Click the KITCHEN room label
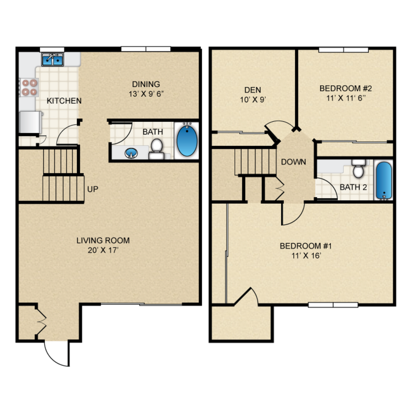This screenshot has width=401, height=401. click(x=64, y=101)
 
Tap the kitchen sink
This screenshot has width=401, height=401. click(x=52, y=59)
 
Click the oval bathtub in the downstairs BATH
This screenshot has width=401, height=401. click(x=186, y=141)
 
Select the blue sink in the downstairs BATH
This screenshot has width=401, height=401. click(x=130, y=153)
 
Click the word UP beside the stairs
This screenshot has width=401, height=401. click(x=93, y=189)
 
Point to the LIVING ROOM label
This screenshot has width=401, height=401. click(x=103, y=240)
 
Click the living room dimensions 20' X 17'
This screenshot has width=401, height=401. click(x=103, y=250)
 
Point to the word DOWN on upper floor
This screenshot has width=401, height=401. click(x=293, y=162)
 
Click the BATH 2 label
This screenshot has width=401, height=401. click(x=353, y=187)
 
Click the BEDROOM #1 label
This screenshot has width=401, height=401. click(x=305, y=246)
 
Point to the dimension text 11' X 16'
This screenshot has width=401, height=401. click(x=305, y=256)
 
